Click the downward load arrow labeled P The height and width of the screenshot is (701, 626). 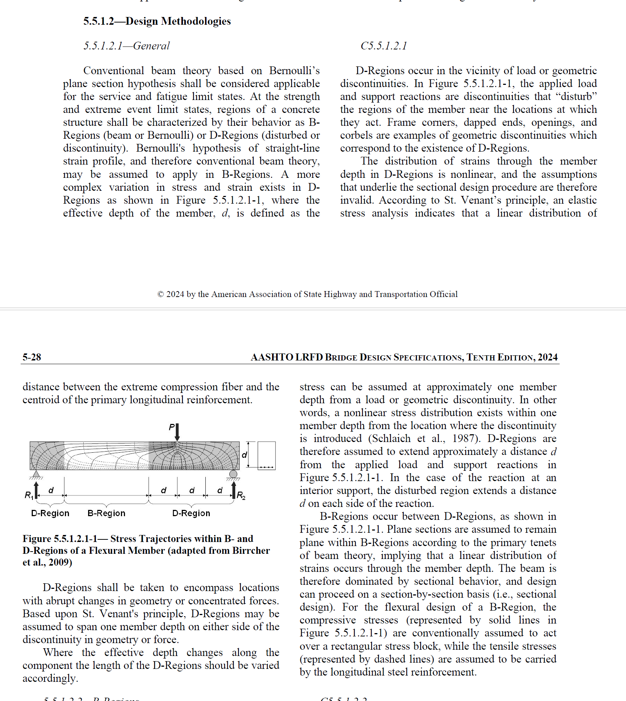[x=177, y=432]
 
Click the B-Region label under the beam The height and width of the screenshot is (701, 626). [x=106, y=513]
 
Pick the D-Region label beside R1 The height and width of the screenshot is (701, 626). [x=50, y=513]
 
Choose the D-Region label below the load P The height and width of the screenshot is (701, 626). [x=191, y=513]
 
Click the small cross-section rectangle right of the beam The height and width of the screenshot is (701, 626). [x=267, y=455]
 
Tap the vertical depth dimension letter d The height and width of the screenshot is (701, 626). [x=244, y=455]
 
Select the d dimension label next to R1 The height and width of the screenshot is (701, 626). [x=51, y=490]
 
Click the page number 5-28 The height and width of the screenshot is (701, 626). [x=32, y=357]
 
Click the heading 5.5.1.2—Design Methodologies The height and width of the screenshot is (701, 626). [x=157, y=21]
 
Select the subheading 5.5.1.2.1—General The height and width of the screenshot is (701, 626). [x=126, y=46]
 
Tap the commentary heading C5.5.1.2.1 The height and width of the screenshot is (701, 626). [x=384, y=46]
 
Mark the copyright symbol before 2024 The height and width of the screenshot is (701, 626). [x=160, y=294]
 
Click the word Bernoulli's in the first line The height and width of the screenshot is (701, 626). [x=294, y=70]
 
